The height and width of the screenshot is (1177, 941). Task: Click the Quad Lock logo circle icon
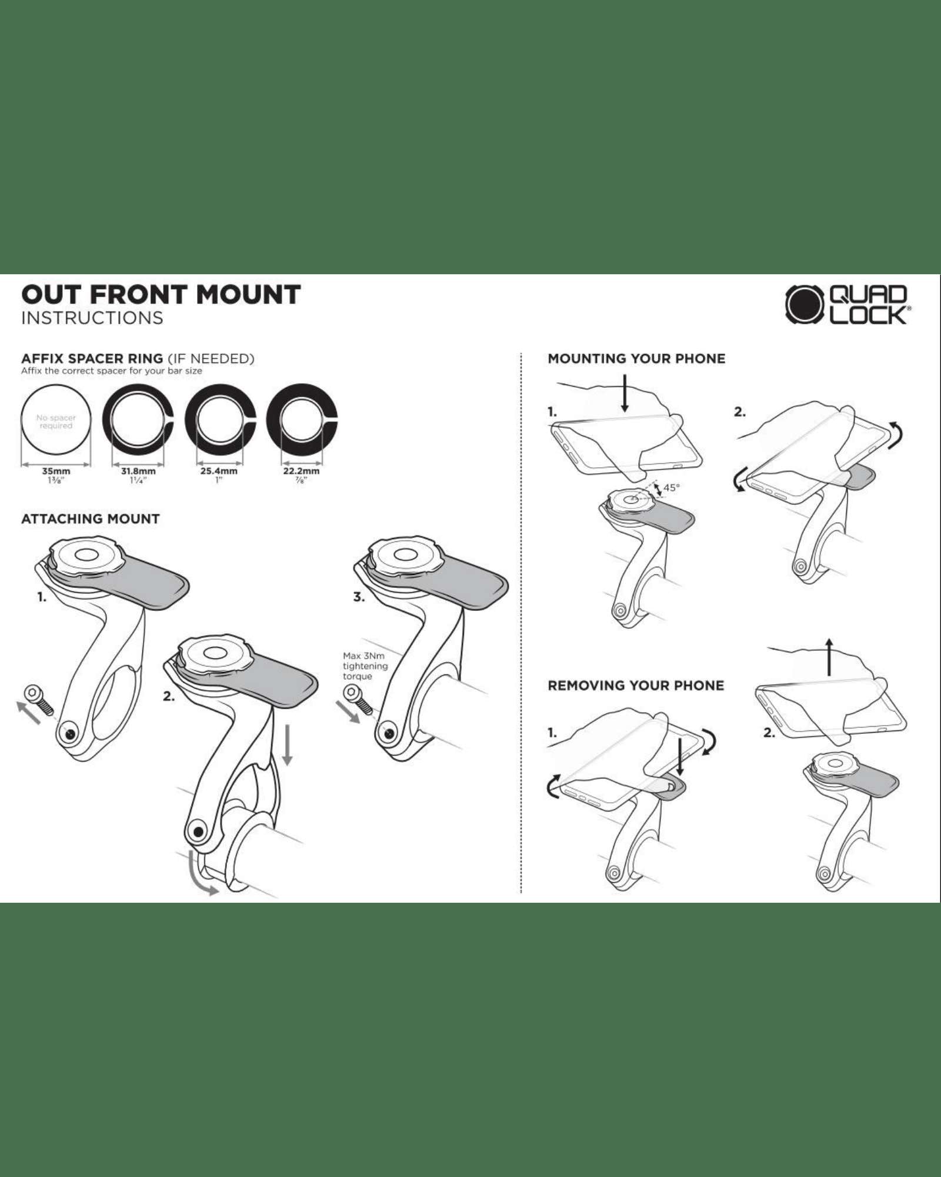pyautogui.click(x=805, y=304)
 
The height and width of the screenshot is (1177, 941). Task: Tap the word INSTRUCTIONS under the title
pyautogui.click(x=92, y=318)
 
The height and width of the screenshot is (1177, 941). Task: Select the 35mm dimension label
pyautogui.click(x=56, y=471)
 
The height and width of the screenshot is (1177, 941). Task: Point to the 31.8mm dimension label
pyautogui.click(x=138, y=471)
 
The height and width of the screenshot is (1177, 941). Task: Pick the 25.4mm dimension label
pyautogui.click(x=219, y=471)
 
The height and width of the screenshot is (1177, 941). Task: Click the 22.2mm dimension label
pyautogui.click(x=301, y=471)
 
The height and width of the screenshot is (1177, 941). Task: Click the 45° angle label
pyautogui.click(x=671, y=487)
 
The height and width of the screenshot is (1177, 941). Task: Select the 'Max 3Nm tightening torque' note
pyautogui.click(x=365, y=666)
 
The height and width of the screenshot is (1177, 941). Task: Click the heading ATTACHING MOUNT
pyautogui.click(x=91, y=519)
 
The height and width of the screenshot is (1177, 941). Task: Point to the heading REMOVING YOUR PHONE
pyautogui.click(x=636, y=686)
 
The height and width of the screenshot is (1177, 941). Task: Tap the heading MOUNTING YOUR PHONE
pyautogui.click(x=636, y=358)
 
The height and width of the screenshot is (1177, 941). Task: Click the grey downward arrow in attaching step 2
pyautogui.click(x=287, y=745)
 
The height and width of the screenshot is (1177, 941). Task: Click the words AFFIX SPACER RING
pyautogui.click(x=92, y=358)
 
